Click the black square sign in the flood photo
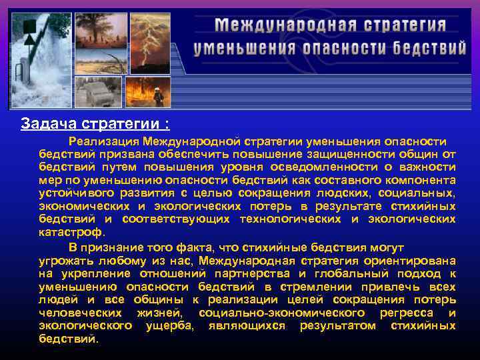coord(29,27)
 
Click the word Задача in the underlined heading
coord(45,124)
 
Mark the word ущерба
coord(169,325)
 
